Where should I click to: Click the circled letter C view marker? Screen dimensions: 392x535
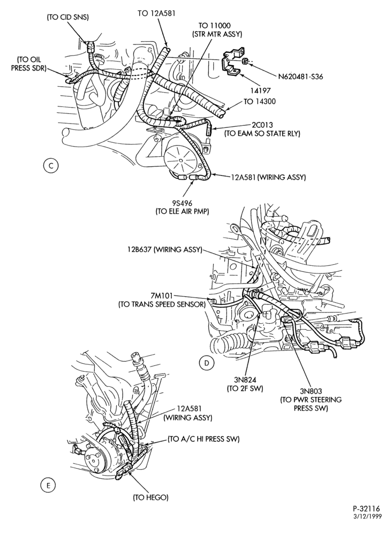tap(51, 166)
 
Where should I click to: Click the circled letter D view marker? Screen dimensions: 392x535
tap(207, 363)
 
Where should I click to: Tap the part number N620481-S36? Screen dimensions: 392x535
tap(300, 77)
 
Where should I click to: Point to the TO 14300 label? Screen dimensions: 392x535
tap(260, 101)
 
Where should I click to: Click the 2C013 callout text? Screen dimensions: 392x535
tap(262, 125)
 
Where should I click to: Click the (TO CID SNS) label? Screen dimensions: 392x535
tap(67, 18)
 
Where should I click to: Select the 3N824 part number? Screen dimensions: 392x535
tap(245, 379)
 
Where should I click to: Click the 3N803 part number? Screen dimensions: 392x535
tap(311, 391)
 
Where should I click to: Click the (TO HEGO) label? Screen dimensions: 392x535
tap(150, 498)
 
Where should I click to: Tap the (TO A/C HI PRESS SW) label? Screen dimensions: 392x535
tap(203, 439)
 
